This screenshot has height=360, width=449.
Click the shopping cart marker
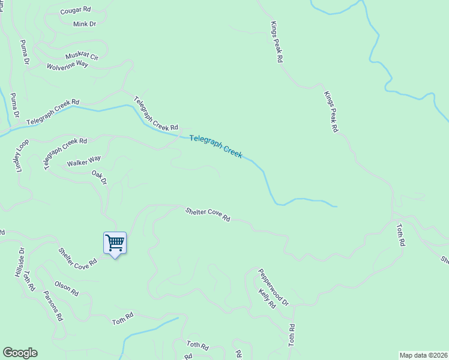pyautogui.click(x=115, y=243)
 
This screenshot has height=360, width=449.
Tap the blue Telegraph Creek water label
pyautogui.click(x=215, y=146)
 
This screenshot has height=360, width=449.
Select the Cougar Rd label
pyautogui.click(x=76, y=11)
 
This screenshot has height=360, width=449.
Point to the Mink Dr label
pyautogui.click(x=85, y=24)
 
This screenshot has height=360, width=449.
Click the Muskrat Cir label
pyautogui.click(x=82, y=55)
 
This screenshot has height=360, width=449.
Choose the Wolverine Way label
pyautogui.click(x=67, y=65)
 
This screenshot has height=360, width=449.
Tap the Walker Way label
pyautogui.click(x=84, y=162)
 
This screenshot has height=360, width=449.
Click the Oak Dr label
pyautogui.click(x=99, y=178)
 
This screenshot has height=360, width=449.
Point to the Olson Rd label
pyautogui.click(x=66, y=289)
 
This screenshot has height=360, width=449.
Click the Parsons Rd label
pyautogui.click(x=53, y=306)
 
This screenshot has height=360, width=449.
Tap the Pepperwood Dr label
pyautogui.click(x=273, y=287)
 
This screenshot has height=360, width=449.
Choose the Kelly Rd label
pyautogui.click(x=267, y=299)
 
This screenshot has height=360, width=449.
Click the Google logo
pyautogui.click(x=20, y=353)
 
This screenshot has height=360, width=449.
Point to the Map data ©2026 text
pyautogui.click(x=423, y=355)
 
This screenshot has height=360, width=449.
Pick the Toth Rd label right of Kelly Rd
pyautogui.click(x=292, y=335)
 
